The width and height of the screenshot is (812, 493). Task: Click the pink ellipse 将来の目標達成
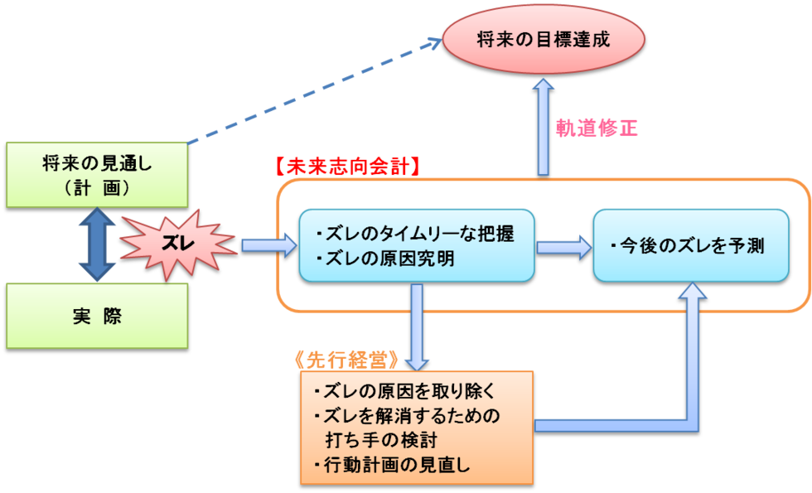[544, 39]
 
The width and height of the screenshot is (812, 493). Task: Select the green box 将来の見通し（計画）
[97, 175]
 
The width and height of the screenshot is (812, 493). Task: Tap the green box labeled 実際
[97, 316]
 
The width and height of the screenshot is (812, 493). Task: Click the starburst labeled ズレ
[178, 244]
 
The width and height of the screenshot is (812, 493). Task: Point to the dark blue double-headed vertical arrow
[97, 245]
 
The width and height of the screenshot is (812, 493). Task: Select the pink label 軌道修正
[597, 128]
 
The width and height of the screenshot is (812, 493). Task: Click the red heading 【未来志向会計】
[347, 166]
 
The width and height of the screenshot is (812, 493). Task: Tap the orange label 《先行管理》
[347, 360]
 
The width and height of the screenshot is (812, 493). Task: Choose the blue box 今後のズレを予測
[691, 246]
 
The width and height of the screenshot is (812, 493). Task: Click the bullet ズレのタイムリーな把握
[415, 234]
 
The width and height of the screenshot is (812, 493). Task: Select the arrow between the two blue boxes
[563, 246]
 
